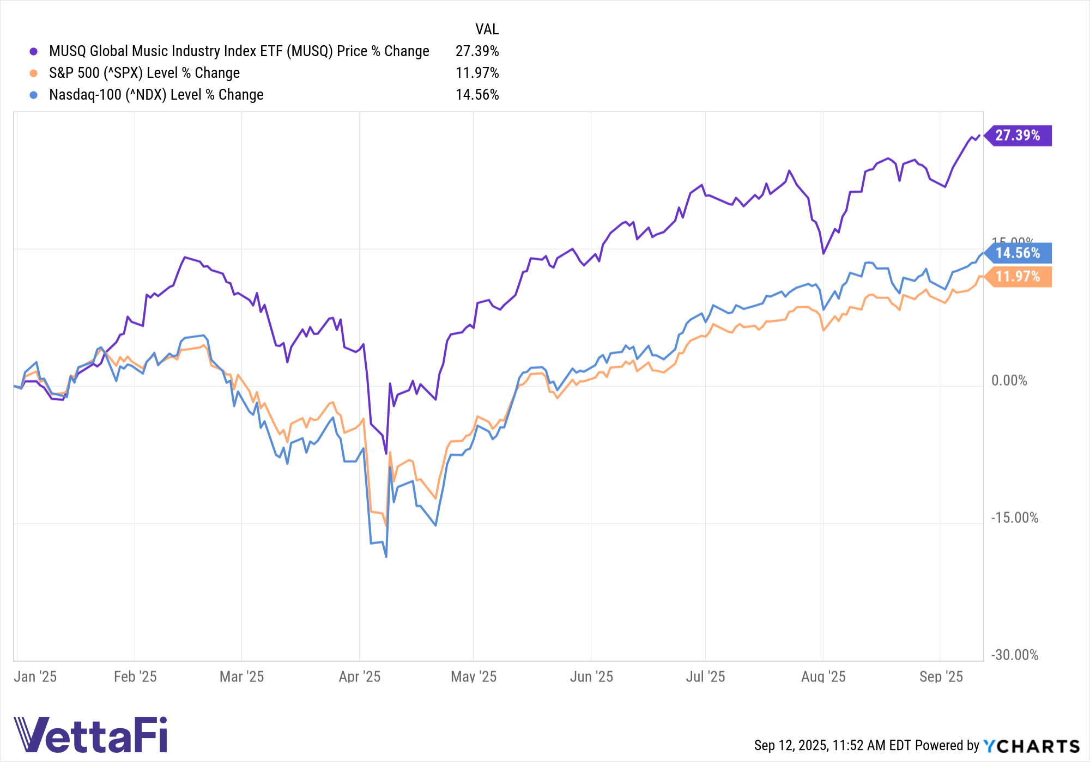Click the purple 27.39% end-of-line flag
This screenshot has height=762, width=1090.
pyautogui.click(x=1018, y=136)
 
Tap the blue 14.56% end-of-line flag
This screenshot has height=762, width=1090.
pyautogui.click(x=1018, y=253)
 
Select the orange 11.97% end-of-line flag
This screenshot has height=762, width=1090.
pyautogui.click(x=1018, y=277)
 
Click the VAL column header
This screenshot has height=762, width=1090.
pyautogui.click(x=487, y=29)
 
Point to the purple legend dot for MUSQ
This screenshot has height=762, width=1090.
pyautogui.click(x=34, y=51)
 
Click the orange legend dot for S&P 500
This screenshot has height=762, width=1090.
pyautogui.click(x=34, y=73)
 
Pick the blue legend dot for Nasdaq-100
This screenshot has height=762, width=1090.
pyautogui.click(x=34, y=95)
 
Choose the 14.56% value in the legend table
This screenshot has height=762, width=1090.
pyautogui.click(x=477, y=95)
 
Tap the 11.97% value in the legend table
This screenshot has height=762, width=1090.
pyautogui.click(x=477, y=73)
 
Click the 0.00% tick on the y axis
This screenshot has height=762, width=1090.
pyautogui.click(x=1009, y=381)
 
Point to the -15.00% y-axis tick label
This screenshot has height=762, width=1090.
pyautogui.click(x=1014, y=518)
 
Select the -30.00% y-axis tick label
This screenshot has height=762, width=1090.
pyautogui.click(x=1014, y=655)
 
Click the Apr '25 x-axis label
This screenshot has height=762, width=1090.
pyautogui.click(x=360, y=677)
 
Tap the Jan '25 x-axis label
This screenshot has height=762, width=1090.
pyautogui.click(x=35, y=677)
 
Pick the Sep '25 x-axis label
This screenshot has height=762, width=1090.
pyautogui.click(x=941, y=677)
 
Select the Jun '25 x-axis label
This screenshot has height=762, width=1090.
pyautogui.click(x=591, y=677)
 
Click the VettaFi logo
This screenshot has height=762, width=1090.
pyautogui.click(x=90, y=735)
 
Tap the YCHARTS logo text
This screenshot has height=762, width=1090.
pyautogui.click(x=1032, y=746)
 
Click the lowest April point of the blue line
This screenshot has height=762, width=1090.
pyautogui.click(x=386, y=557)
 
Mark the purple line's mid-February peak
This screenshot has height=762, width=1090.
pyautogui.click(x=185, y=257)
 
